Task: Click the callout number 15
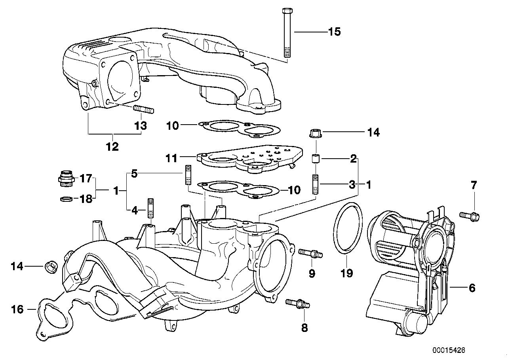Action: (x=334, y=32)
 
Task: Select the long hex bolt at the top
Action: (x=287, y=34)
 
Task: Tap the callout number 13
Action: (x=141, y=126)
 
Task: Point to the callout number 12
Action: (x=112, y=147)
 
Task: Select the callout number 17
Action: (x=86, y=179)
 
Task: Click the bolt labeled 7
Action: (x=470, y=216)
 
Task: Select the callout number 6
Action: (x=472, y=288)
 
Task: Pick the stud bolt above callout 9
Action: (x=311, y=252)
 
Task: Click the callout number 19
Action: (x=346, y=273)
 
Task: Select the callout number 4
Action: (x=135, y=211)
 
